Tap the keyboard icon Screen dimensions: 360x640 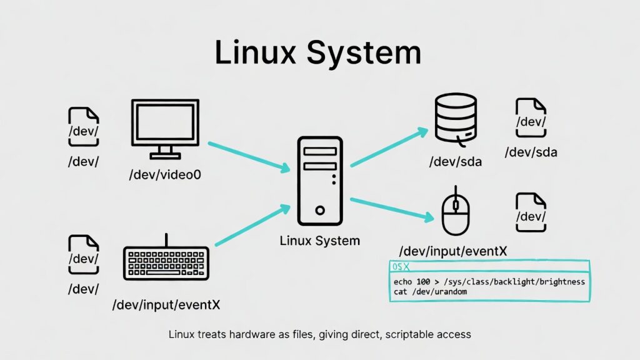[166, 262]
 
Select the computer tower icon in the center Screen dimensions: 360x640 [319, 181]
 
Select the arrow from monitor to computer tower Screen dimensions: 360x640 [248, 156]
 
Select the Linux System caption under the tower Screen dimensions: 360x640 [319, 241]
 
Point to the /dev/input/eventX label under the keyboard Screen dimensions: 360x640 [166, 306]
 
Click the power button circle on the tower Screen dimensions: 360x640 [320, 211]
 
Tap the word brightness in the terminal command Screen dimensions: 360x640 [559, 282]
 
